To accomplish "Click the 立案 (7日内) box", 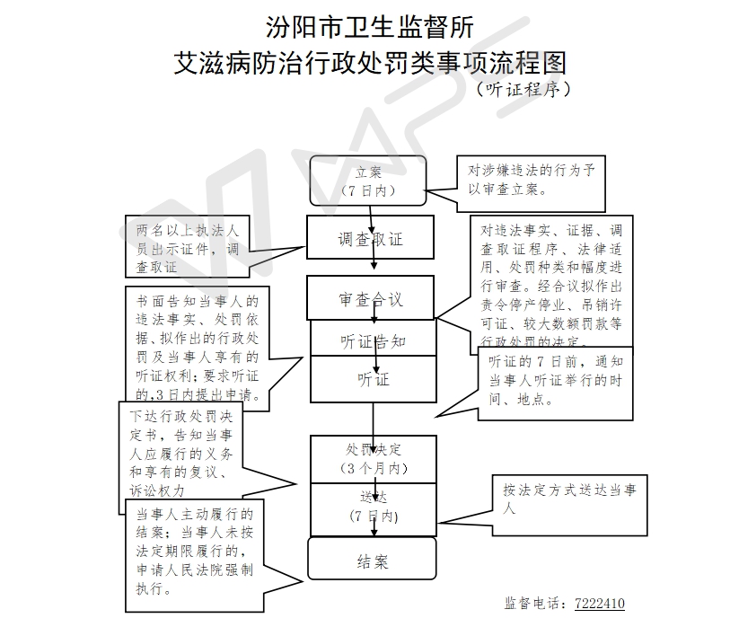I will point(368,181).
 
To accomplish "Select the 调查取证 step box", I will point(370,240).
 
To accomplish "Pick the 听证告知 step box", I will point(373,341).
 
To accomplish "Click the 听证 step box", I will point(373,379).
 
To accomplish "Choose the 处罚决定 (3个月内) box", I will point(373,458).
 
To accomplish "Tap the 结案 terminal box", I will point(372,561).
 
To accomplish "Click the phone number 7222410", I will point(599,603).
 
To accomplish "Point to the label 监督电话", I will point(535,603).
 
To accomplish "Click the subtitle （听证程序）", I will point(523,89).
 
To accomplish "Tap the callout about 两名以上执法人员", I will point(182,247).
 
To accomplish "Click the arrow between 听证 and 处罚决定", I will point(374,419).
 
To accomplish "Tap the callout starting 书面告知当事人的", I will point(196,347).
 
